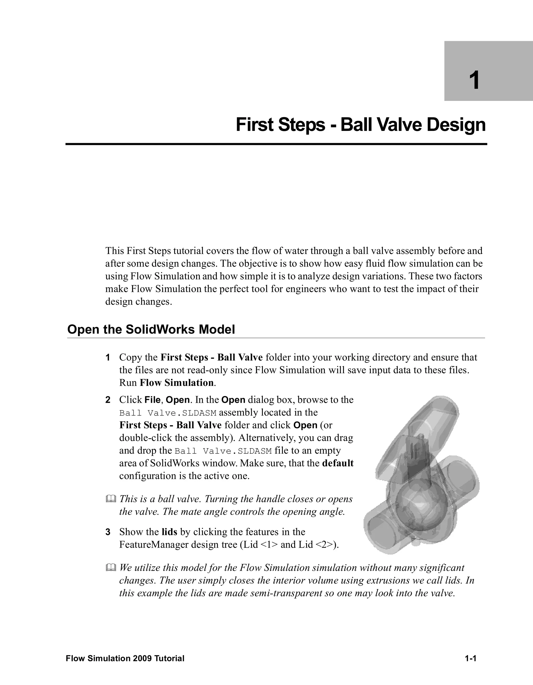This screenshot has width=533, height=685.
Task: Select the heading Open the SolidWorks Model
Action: (151, 330)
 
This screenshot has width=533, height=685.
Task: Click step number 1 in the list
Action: (107, 357)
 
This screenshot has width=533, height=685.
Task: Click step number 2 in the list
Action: (107, 400)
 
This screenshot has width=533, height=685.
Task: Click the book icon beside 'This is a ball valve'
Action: (111, 499)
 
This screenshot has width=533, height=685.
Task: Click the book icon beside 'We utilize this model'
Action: (111, 568)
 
